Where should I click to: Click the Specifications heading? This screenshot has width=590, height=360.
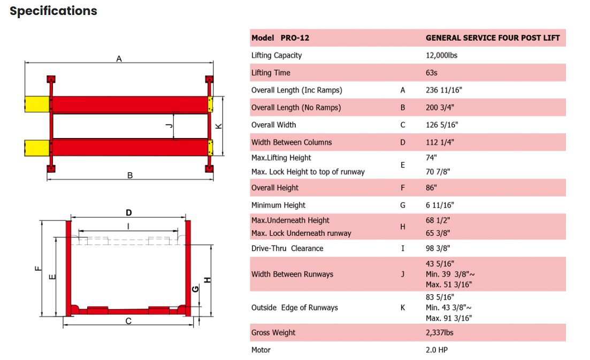click(53, 11)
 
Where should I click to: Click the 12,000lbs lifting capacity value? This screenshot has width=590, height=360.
click(441, 55)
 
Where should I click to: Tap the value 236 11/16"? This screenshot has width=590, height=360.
click(443, 90)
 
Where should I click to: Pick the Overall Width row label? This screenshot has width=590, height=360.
click(273, 125)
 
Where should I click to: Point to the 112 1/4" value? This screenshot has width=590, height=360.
click(442, 142)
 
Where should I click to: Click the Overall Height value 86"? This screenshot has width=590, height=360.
click(432, 188)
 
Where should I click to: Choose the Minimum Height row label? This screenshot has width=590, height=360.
click(278, 205)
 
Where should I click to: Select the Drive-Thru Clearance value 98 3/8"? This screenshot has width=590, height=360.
click(438, 248)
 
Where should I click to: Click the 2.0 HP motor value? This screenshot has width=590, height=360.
click(436, 350)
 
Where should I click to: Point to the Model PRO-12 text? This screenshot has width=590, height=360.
click(280, 38)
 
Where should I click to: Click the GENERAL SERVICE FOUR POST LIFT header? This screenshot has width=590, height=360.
click(493, 38)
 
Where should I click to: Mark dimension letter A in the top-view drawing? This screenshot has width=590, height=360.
click(119, 58)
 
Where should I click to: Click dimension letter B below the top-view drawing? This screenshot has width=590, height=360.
click(130, 175)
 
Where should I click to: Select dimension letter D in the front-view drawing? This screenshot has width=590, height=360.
click(128, 212)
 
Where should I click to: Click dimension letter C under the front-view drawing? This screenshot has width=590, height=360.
click(128, 321)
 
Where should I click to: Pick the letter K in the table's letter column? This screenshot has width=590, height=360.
click(403, 308)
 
